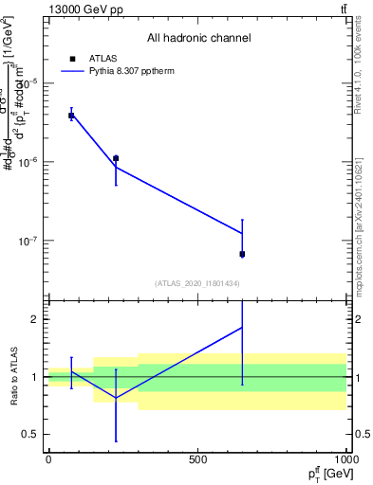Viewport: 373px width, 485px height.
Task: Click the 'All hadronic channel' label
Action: pyautogui.click(x=198, y=38)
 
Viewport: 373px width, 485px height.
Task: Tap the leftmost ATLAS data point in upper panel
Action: pyautogui.click(x=71, y=116)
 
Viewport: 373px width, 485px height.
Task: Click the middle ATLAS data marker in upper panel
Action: pyautogui.click(x=116, y=158)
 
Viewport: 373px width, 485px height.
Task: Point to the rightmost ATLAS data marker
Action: pyautogui.click(x=242, y=254)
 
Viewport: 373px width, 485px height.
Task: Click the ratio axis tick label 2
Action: pyautogui.click(x=34, y=319)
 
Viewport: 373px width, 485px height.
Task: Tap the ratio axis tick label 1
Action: pyautogui.click(x=34, y=377)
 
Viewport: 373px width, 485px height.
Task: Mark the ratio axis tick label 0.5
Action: pyautogui.click(x=29, y=435)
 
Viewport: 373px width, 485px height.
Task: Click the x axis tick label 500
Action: pyautogui.click(x=197, y=459)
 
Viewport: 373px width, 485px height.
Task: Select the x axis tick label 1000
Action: pyautogui.click(x=345, y=459)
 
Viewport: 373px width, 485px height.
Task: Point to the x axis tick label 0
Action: pyautogui.click(x=48, y=459)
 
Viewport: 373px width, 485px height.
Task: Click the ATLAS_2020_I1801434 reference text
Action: pyautogui.click(x=197, y=283)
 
